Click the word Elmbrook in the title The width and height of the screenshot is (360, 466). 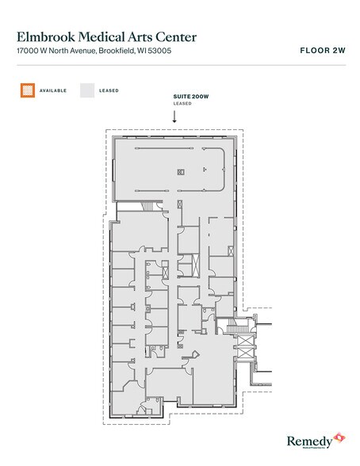pos(44,36)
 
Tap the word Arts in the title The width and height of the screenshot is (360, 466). pos(144,36)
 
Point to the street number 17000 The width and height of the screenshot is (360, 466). pos(29,52)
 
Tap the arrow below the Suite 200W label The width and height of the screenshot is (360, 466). pos(174,116)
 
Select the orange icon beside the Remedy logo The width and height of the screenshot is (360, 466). pos(339,437)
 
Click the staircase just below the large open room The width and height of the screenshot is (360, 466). pos(147,206)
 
